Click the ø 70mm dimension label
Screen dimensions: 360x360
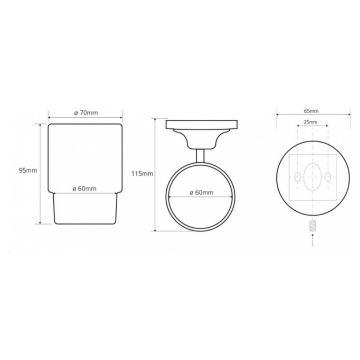(x=86, y=113)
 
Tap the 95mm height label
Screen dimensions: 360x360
(x=28, y=171)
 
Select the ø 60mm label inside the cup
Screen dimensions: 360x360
(x=85, y=189)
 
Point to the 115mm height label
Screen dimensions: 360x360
(x=142, y=174)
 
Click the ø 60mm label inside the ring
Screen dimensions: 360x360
(x=201, y=192)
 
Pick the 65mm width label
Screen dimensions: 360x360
(x=311, y=111)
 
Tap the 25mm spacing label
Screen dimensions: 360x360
(x=310, y=122)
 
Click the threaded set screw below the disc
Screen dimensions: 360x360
(x=312, y=225)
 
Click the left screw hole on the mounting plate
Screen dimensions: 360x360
(x=297, y=177)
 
